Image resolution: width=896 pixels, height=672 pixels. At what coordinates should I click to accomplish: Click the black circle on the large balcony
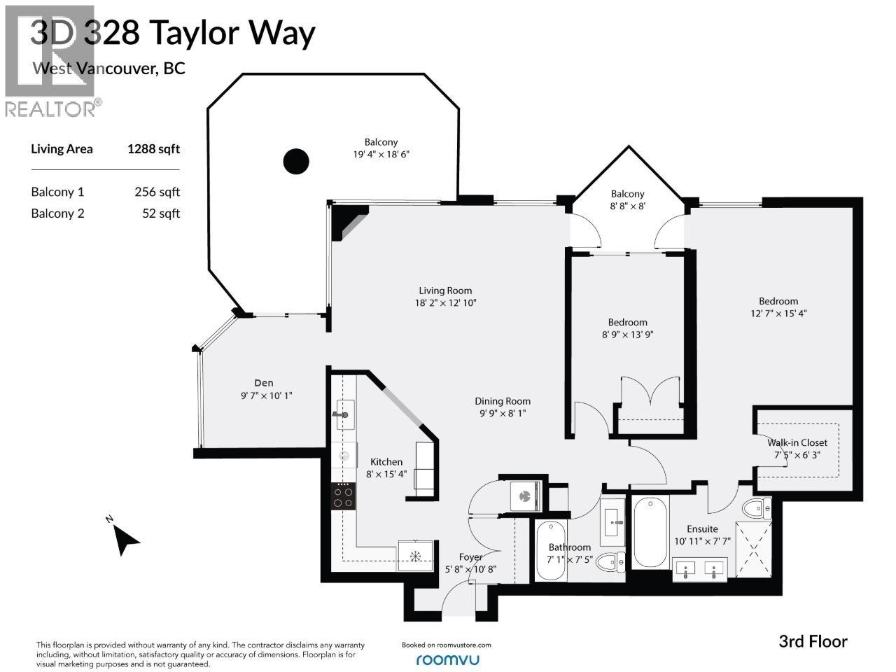(x=295, y=162)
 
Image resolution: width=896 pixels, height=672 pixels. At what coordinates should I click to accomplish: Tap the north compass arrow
(x=126, y=538)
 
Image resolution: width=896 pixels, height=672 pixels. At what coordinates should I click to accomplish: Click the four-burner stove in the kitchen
(x=343, y=496)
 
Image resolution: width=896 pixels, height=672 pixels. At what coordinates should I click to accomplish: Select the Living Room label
(x=445, y=290)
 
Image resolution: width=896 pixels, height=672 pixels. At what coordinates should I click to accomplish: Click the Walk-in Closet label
(x=797, y=442)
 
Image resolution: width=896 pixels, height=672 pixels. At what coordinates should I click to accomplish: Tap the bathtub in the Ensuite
(x=650, y=532)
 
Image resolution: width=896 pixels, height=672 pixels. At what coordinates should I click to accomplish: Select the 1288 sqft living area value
(x=153, y=148)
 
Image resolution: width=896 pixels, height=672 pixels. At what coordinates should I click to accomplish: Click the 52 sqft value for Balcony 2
(x=161, y=213)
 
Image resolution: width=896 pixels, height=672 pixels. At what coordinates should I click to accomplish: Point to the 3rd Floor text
(x=813, y=641)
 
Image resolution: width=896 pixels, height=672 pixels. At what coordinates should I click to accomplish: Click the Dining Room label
(x=503, y=401)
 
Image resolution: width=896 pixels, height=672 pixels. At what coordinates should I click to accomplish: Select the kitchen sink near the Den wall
(x=344, y=413)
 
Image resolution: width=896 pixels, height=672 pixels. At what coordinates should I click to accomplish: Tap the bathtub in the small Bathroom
(x=550, y=550)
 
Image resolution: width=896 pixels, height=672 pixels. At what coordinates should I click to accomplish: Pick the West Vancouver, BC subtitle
(x=108, y=69)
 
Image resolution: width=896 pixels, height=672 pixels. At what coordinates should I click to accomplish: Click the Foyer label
(x=470, y=557)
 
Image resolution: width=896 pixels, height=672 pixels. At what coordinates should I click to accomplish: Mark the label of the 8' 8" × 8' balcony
(x=627, y=194)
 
